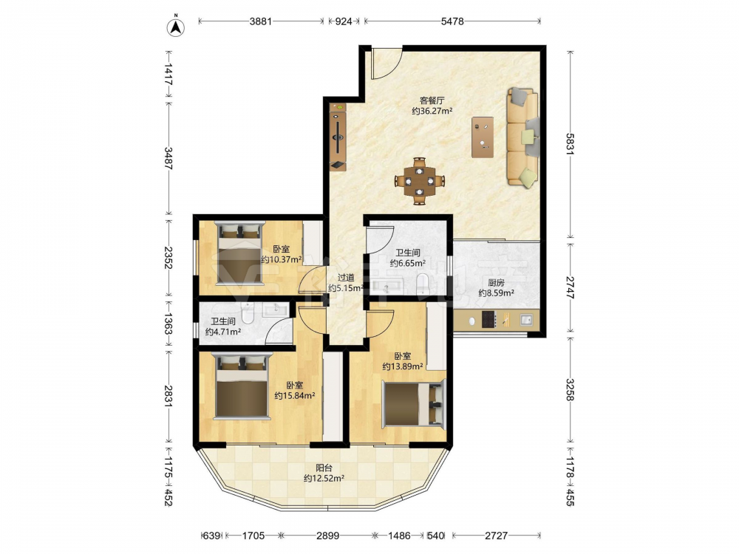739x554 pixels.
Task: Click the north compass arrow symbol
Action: pyautogui.click(x=176, y=27)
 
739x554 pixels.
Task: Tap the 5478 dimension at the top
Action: pyautogui.click(x=452, y=21)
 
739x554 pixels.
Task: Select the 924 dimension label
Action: pyautogui.click(x=344, y=21)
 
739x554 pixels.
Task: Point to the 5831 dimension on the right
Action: pyautogui.click(x=571, y=144)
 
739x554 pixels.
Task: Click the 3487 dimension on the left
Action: pyautogui.click(x=168, y=158)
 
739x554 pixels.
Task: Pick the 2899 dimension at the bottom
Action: pyautogui.click(x=327, y=535)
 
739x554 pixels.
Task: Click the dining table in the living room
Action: pyautogui.click(x=420, y=181)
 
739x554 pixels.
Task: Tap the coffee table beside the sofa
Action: pyautogui.click(x=483, y=137)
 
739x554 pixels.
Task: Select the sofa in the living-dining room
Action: pyautogui.click(x=523, y=138)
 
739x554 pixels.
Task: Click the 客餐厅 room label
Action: pyautogui.click(x=432, y=100)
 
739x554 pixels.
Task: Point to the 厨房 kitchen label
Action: pyautogui.click(x=496, y=283)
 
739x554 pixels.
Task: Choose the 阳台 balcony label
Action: pyautogui.click(x=324, y=468)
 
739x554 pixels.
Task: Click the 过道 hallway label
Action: pyautogui.click(x=346, y=278)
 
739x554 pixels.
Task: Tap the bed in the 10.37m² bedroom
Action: pyautogui.click(x=239, y=253)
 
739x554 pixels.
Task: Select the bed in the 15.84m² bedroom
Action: pyautogui.click(x=242, y=386)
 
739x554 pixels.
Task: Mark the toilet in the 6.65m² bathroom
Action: pyautogui.click(x=423, y=284)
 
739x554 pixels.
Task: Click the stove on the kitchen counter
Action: pyautogui.click(x=488, y=321)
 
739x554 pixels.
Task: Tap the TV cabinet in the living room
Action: pyautogui.click(x=338, y=137)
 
